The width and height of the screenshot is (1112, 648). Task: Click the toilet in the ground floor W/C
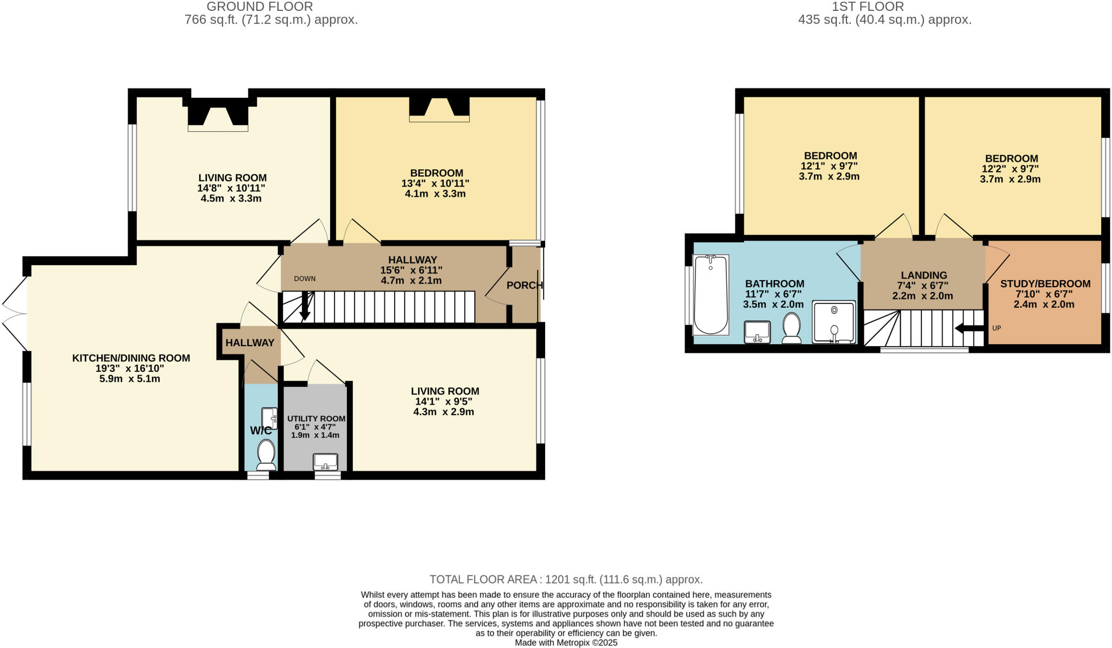coord(266,455)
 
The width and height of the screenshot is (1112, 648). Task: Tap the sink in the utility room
coord(325,462)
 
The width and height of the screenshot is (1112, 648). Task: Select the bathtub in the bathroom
coord(710,295)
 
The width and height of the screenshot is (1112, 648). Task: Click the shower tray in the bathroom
coord(833,322)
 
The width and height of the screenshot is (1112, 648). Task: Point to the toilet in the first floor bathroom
coord(792,328)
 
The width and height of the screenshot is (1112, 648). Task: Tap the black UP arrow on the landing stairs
coord(969,328)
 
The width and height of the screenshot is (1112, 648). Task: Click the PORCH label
coord(524,285)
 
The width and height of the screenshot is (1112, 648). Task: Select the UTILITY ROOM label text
coord(316,418)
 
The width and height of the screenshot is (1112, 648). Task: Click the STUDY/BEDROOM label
coord(1045,284)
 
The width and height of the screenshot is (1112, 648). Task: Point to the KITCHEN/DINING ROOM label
coord(131,358)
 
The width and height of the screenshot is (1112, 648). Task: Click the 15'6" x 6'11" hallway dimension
coord(412,270)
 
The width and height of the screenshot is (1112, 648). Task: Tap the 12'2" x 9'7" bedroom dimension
coord(1010,169)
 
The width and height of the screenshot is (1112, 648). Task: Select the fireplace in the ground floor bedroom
coord(439,109)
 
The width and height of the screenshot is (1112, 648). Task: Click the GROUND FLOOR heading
coord(260,7)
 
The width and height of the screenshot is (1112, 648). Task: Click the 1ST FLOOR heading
coord(883,7)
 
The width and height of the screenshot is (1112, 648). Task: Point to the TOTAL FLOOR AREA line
coord(566,580)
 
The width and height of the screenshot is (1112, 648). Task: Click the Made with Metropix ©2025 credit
coord(566,643)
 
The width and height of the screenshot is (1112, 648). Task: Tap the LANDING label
coord(924,276)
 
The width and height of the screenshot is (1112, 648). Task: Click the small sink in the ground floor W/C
coord(269,418)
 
